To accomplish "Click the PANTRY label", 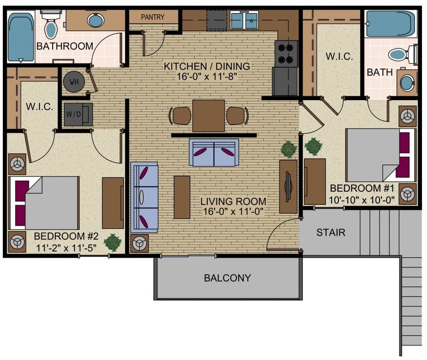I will [x=153, y=17].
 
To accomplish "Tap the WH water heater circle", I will [x=74, y=82].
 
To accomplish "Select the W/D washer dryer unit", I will [x=78, y=114].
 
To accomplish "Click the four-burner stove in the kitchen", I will [x=286, y=53].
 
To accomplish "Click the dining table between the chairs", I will [x=208, y=116].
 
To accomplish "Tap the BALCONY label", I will [x=227, y=278].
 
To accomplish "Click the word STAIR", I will [x=331, y=232].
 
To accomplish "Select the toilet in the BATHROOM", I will [x=51, y=27].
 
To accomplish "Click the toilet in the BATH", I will [x=402, y=54].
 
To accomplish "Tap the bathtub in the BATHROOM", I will [x=20, y=37].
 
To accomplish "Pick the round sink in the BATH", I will [x=406, y=82].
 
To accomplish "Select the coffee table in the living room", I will [x=182, y=197].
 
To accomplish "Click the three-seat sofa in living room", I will [x=144, y=197].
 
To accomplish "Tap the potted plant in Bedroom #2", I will [x=112, y=242].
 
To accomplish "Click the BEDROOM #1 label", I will [x=361, y=188].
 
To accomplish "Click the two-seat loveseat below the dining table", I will [x=214, y=152].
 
